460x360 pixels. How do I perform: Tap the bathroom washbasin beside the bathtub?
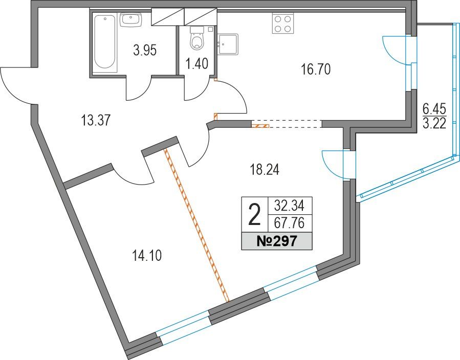point(131,20)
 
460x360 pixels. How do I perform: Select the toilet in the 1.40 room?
point(197,38)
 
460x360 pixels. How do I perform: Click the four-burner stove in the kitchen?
point(283,24)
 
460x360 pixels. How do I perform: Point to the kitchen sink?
point(228,44)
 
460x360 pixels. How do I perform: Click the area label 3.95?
point(145,51)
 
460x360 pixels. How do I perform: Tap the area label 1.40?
point(197,63)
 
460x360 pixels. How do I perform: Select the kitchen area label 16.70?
point(316,70)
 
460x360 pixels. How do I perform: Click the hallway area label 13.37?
point(96,120)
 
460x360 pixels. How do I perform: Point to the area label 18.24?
point(265,169)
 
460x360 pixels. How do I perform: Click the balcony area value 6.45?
point(434,110)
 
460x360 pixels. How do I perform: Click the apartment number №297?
point(277,241)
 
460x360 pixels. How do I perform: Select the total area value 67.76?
point(289,223)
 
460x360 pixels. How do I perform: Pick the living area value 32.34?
point(289,206)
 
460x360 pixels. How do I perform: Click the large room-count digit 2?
point(254,215)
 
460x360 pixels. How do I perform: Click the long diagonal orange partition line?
point(196,225)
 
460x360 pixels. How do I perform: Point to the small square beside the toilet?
point(210,29)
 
